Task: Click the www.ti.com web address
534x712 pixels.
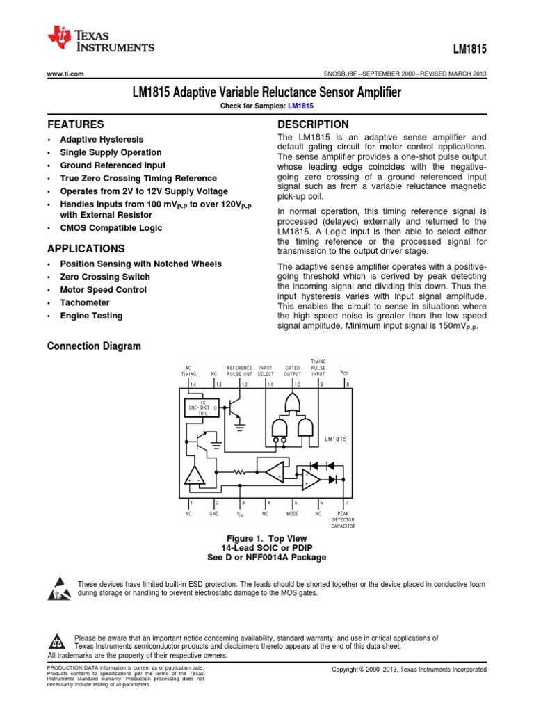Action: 65,74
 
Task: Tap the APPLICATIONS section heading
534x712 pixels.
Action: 86,249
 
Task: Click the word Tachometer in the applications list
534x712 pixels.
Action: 81,302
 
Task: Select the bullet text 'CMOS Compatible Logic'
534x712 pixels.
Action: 111,228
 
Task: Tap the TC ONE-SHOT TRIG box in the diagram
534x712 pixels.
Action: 201,408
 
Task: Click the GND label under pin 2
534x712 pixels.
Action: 214,514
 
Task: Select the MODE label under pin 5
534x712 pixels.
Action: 293,514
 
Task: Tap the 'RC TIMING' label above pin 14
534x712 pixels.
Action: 189,371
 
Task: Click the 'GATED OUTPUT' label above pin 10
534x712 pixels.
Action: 293,371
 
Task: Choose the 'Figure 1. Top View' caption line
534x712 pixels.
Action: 266,539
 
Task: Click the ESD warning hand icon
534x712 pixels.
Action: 60,588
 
